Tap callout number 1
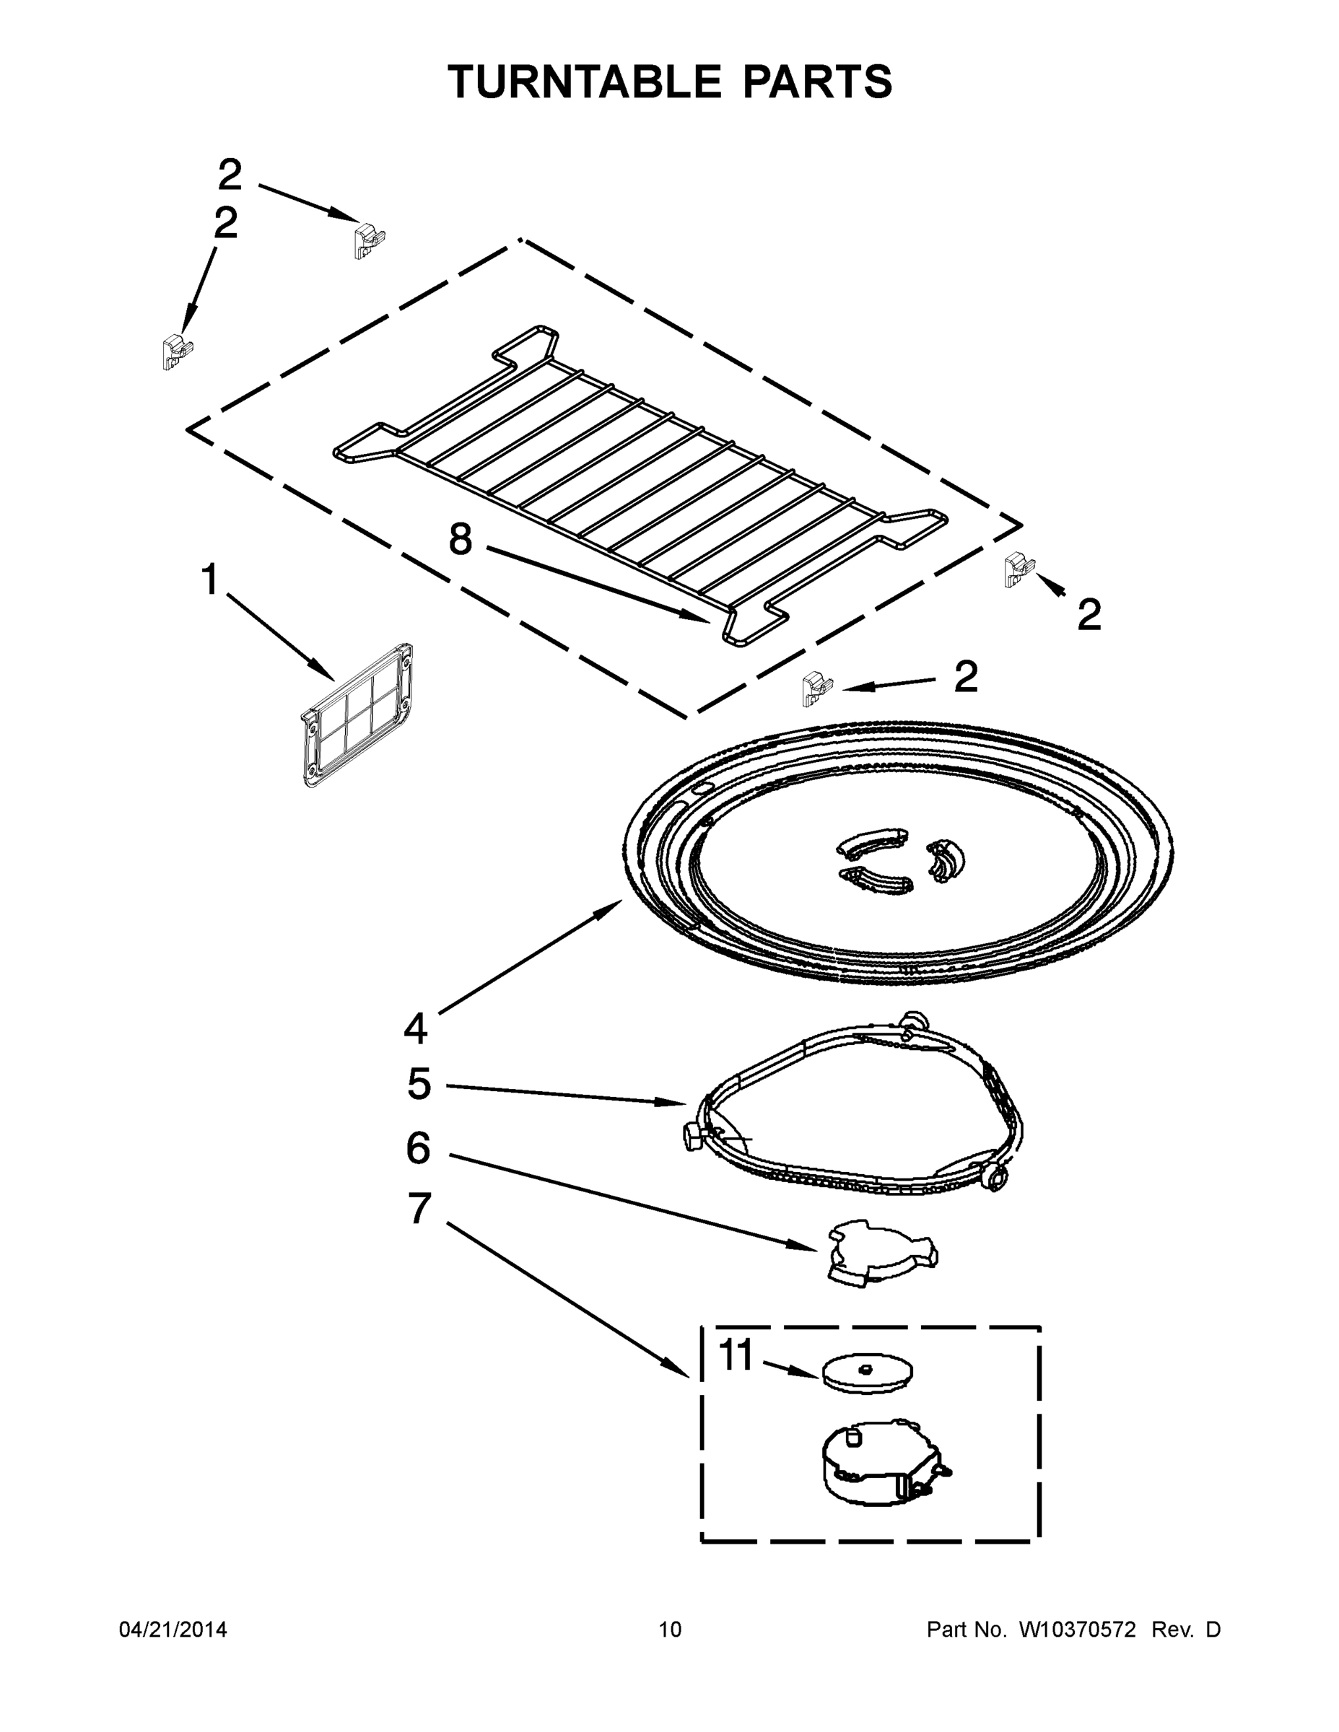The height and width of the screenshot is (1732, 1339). click(209, 579)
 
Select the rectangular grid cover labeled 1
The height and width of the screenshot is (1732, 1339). click(358, 715)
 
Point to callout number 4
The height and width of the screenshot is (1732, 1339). click(416, 1028)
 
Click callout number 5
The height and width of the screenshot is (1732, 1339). click(419, 1083)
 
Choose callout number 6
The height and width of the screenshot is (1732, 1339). click(418, 1147)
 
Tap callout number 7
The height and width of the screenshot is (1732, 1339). click(419, 1210)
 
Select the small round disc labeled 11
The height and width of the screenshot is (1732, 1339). click(867, 1373)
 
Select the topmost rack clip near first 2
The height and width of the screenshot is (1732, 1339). click(368, 241)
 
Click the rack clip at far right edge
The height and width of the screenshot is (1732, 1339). click(1019, 569)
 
